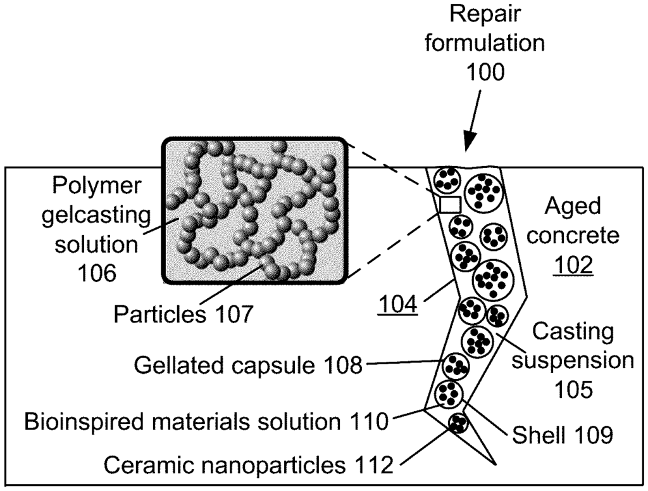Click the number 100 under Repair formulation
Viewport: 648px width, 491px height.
point(485,72)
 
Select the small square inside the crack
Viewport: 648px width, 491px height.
point(449,205)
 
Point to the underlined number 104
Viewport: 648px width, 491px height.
point(397,306)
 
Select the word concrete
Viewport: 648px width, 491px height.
point(573,236)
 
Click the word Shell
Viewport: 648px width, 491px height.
point(537,435)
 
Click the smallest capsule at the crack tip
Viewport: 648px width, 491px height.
point(457,422)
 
